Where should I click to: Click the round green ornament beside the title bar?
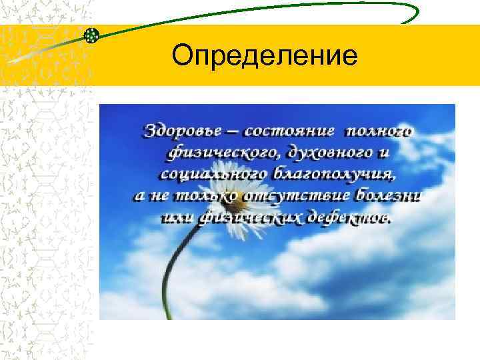coord(93,35)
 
